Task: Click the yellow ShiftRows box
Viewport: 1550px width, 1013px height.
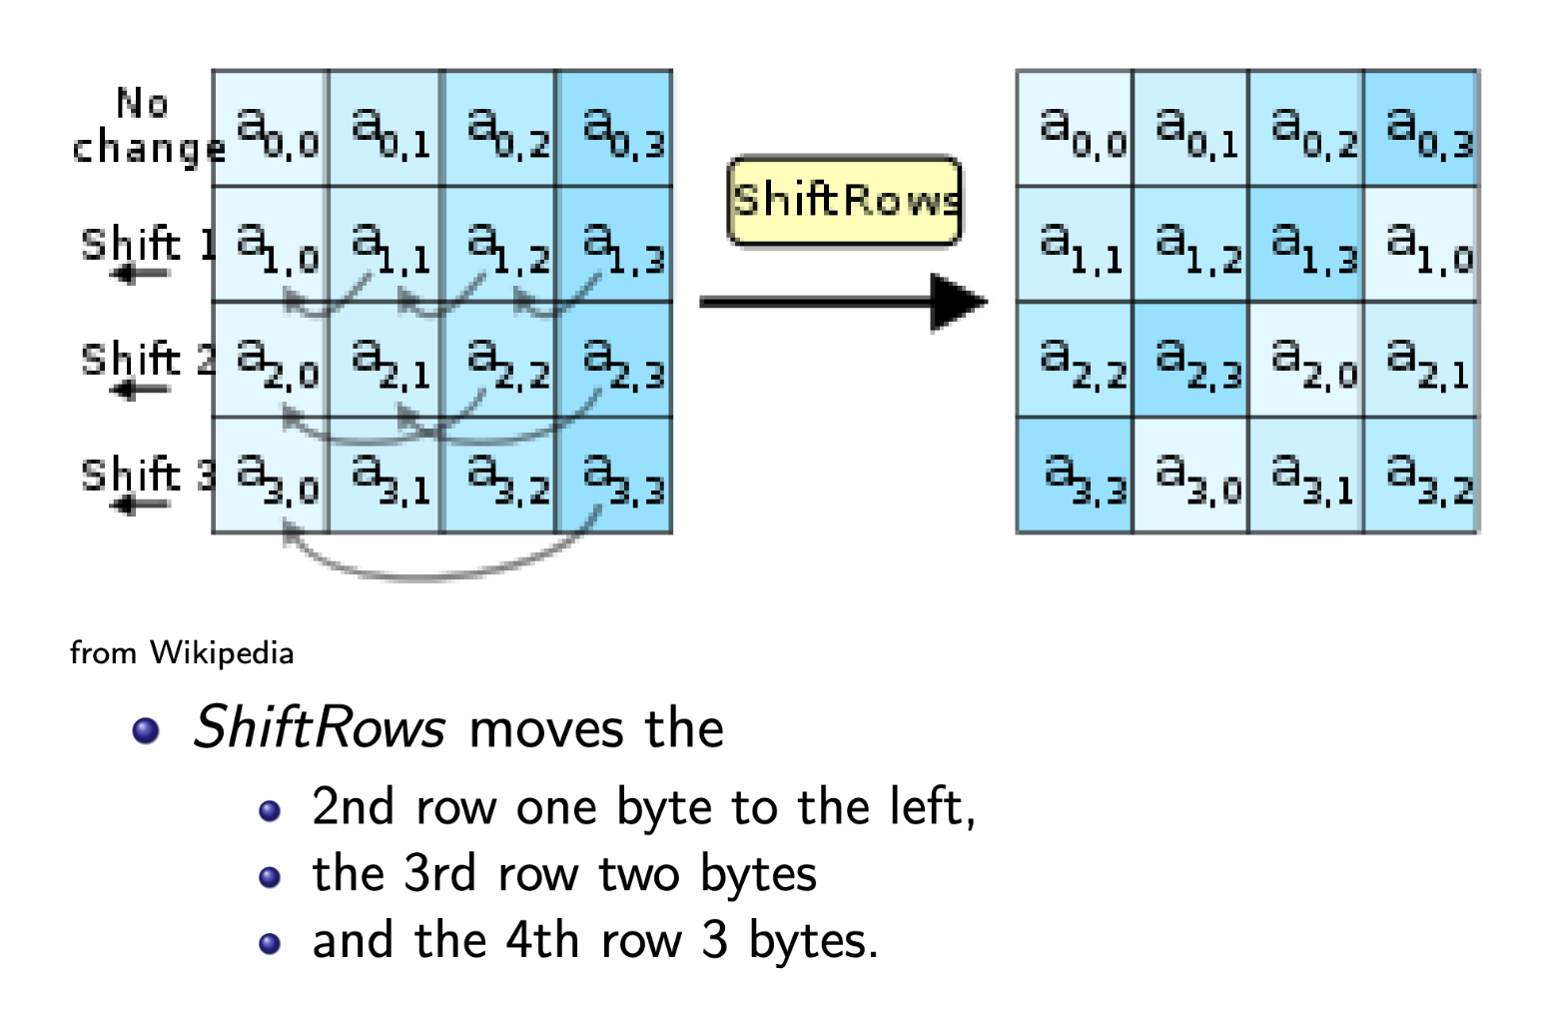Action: coord(844,201)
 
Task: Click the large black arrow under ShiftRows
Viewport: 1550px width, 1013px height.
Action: coord(844,301)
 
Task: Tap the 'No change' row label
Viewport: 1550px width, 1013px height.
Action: coord(146,126)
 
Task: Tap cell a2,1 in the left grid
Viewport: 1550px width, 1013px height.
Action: coord(386,361)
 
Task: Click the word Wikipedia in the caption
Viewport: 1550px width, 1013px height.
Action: coord(222,653)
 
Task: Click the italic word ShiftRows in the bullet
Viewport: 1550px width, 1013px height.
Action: coord(319,727)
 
